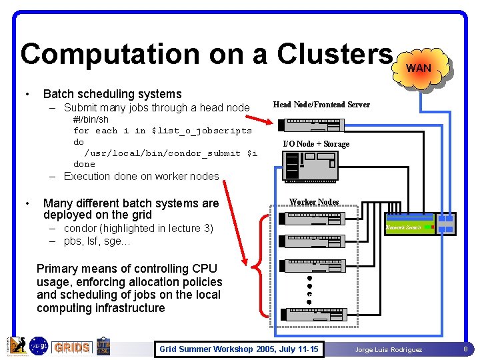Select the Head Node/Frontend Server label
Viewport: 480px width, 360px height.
[321, 105]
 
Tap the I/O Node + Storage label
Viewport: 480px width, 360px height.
[316, 144]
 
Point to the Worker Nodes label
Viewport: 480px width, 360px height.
[314, 202]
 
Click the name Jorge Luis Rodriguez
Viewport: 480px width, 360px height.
[388, 349]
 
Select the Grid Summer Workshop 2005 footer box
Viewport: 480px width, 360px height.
[239, 349]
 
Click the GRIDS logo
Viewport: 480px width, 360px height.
[72, 348]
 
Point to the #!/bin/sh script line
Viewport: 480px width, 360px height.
[91, 120]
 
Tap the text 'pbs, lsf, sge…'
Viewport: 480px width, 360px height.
[97, 241]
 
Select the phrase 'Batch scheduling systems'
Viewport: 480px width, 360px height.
[112, 94]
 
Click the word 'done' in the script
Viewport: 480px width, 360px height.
[84, 164]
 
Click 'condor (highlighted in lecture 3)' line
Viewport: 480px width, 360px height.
[138, 229]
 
